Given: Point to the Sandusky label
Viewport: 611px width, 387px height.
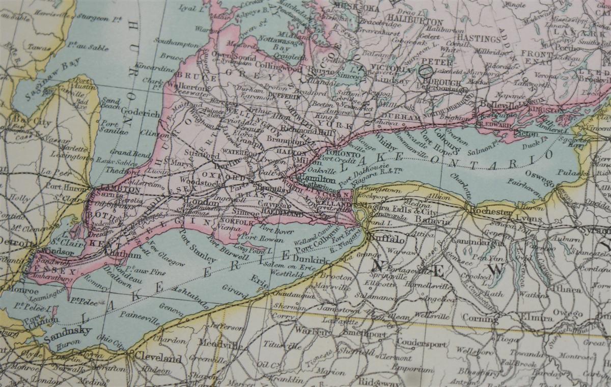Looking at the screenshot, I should (67, 330).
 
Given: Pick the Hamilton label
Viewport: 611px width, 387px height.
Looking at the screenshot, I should (318, 180).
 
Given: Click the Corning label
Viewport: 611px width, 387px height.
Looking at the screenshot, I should (480, 318).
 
